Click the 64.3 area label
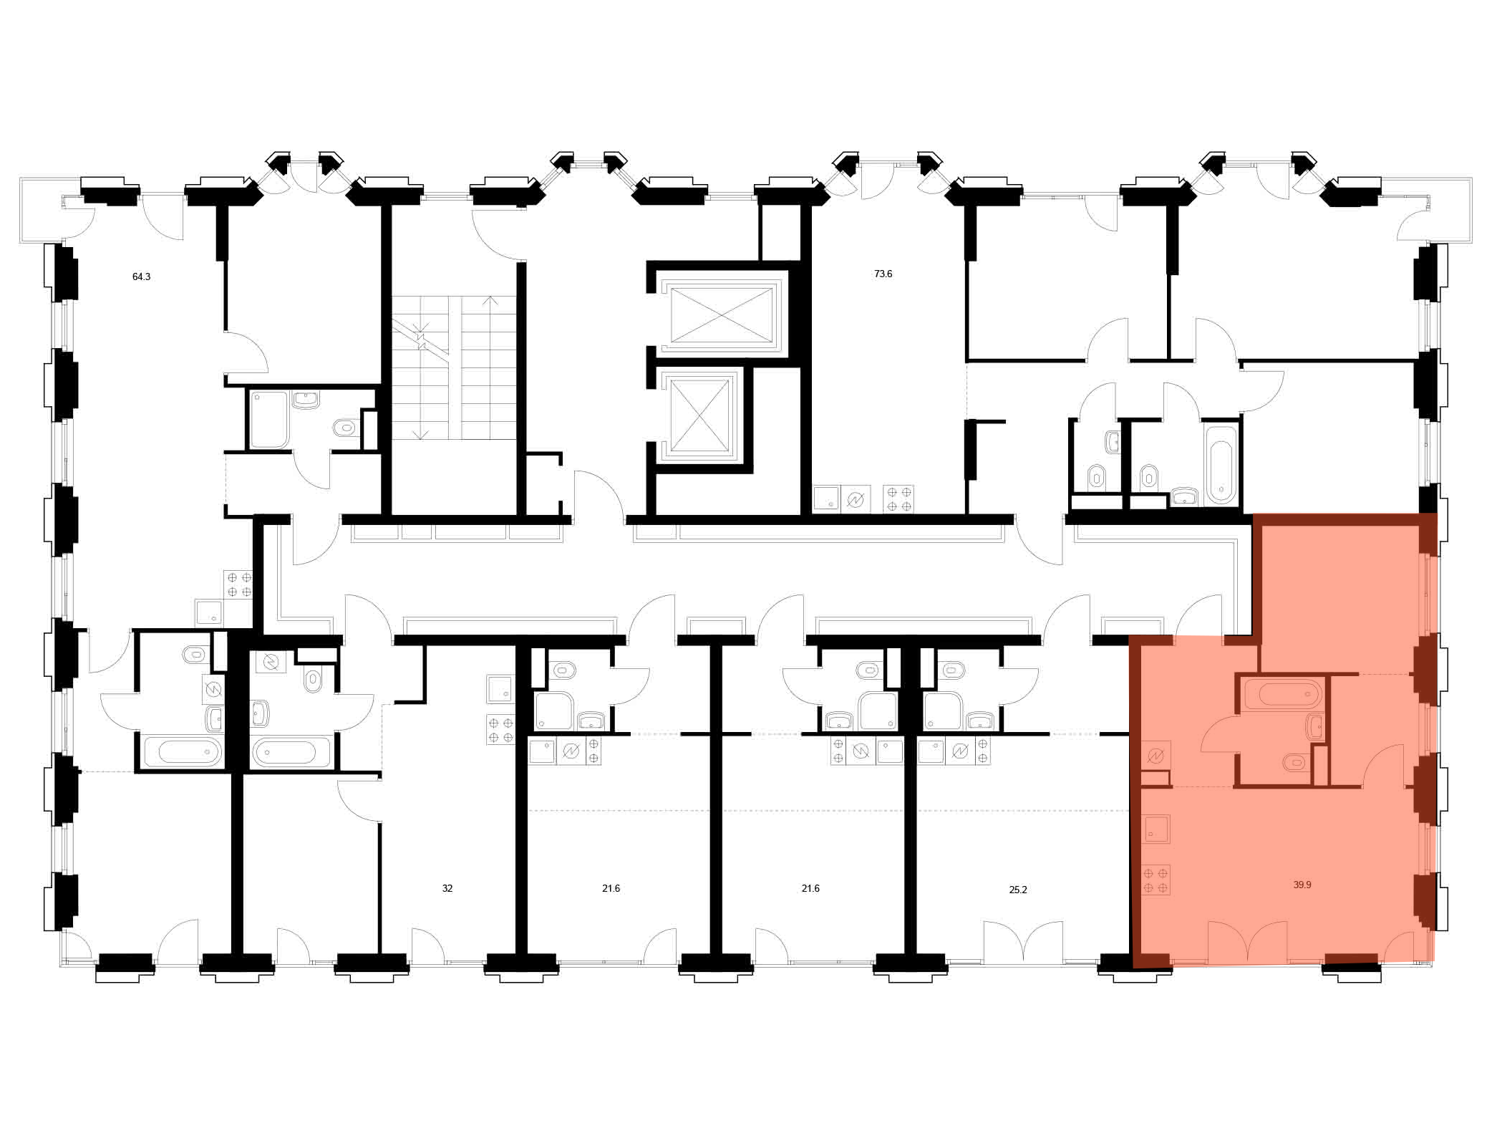click(x=141, y=276)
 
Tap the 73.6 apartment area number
click(x=883, y=274)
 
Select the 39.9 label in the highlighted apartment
click(x=1302, y=885)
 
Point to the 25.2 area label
click(x=1017, y=890)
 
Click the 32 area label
click(x=447, y=888)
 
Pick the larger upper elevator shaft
click(x=721, y=315)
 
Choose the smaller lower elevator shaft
click(x=698, y=415)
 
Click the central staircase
click(x=454, y=367)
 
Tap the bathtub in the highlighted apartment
click(x=1283, y=693)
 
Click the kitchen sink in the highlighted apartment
click(x=1155, y=829)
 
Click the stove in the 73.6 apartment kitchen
click(x=898, y=499)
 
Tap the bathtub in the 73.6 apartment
click(x=1221, y=464)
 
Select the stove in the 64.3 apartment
click(x=238, y=584)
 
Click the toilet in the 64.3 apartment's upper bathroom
click(x=345, y=428)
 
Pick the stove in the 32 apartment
click(x=500, y=729)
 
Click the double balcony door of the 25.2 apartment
click(x=1023, y=940)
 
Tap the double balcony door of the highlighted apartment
click(x=1247, y=940)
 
